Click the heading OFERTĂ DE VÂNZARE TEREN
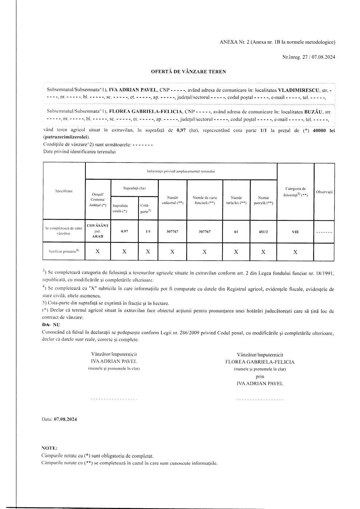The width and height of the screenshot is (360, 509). click(188, 72)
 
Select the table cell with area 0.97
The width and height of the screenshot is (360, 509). click(124, 231)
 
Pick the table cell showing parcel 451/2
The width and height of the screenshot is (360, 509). click(263, 231)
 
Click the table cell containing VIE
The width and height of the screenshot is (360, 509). click(295, 232)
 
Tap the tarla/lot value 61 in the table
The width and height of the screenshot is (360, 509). click(236, 231)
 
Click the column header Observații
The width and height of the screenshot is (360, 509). click(325, 192)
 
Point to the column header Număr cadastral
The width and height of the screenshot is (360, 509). click(172, 200)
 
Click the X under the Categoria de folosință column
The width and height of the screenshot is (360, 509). click(295, 252)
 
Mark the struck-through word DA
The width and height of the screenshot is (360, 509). click(46, 324)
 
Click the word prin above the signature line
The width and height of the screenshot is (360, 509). click(260, 377)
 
